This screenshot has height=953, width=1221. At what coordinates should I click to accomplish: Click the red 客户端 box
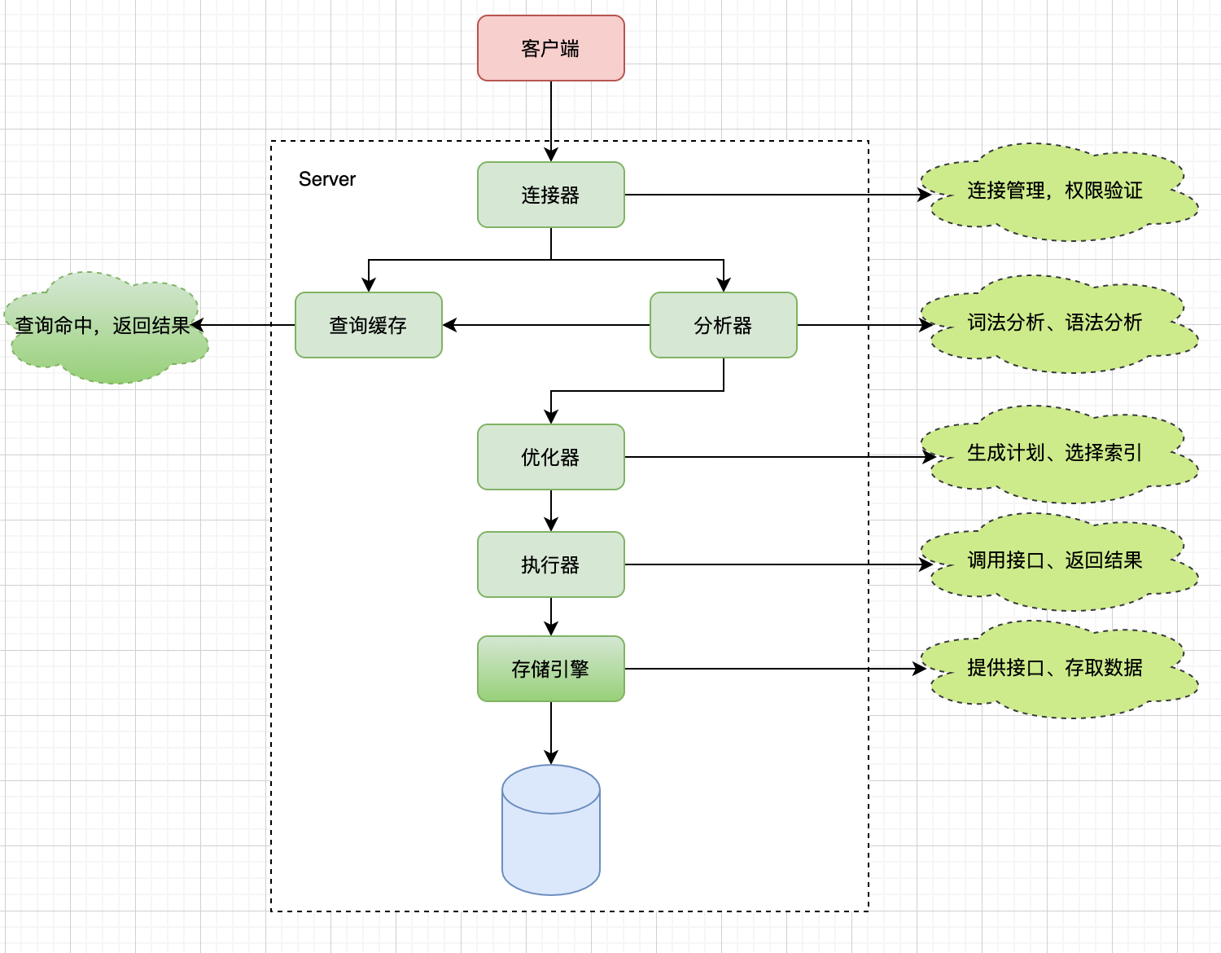click(551, 48)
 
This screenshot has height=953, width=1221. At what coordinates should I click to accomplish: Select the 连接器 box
click(551, 195)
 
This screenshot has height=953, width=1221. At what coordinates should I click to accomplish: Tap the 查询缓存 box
click(369, 325)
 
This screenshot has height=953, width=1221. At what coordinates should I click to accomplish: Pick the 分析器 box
click(723, 325)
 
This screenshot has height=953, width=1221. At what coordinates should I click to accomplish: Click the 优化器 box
click(551, 457)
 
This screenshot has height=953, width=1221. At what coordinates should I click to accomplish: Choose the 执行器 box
click(551, 564)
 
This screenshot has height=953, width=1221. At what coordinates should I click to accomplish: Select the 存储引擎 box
click(551, 669)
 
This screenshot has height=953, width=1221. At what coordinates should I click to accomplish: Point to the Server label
click(327, 179)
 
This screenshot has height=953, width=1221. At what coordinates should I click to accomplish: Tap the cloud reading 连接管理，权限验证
click(1055, 192)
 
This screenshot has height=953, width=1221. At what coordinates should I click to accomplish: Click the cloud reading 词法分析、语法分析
click(1055, 323)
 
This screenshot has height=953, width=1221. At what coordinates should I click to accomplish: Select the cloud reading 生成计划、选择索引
click(1055, 454)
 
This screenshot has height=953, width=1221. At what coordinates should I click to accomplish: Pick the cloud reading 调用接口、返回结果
click(1055, 561)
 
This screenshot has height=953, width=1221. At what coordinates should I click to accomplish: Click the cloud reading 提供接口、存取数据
click(1055, 669)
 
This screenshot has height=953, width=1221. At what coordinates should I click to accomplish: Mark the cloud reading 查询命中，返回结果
click(104, 327)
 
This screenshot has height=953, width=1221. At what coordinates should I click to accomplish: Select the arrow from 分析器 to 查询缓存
click(545, 325)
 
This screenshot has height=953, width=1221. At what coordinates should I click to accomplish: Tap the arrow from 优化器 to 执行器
click(551, 511)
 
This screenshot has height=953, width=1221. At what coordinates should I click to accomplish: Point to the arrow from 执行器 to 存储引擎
click(551, 617)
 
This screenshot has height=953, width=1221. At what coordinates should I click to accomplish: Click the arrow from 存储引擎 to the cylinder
click(551, 733)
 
